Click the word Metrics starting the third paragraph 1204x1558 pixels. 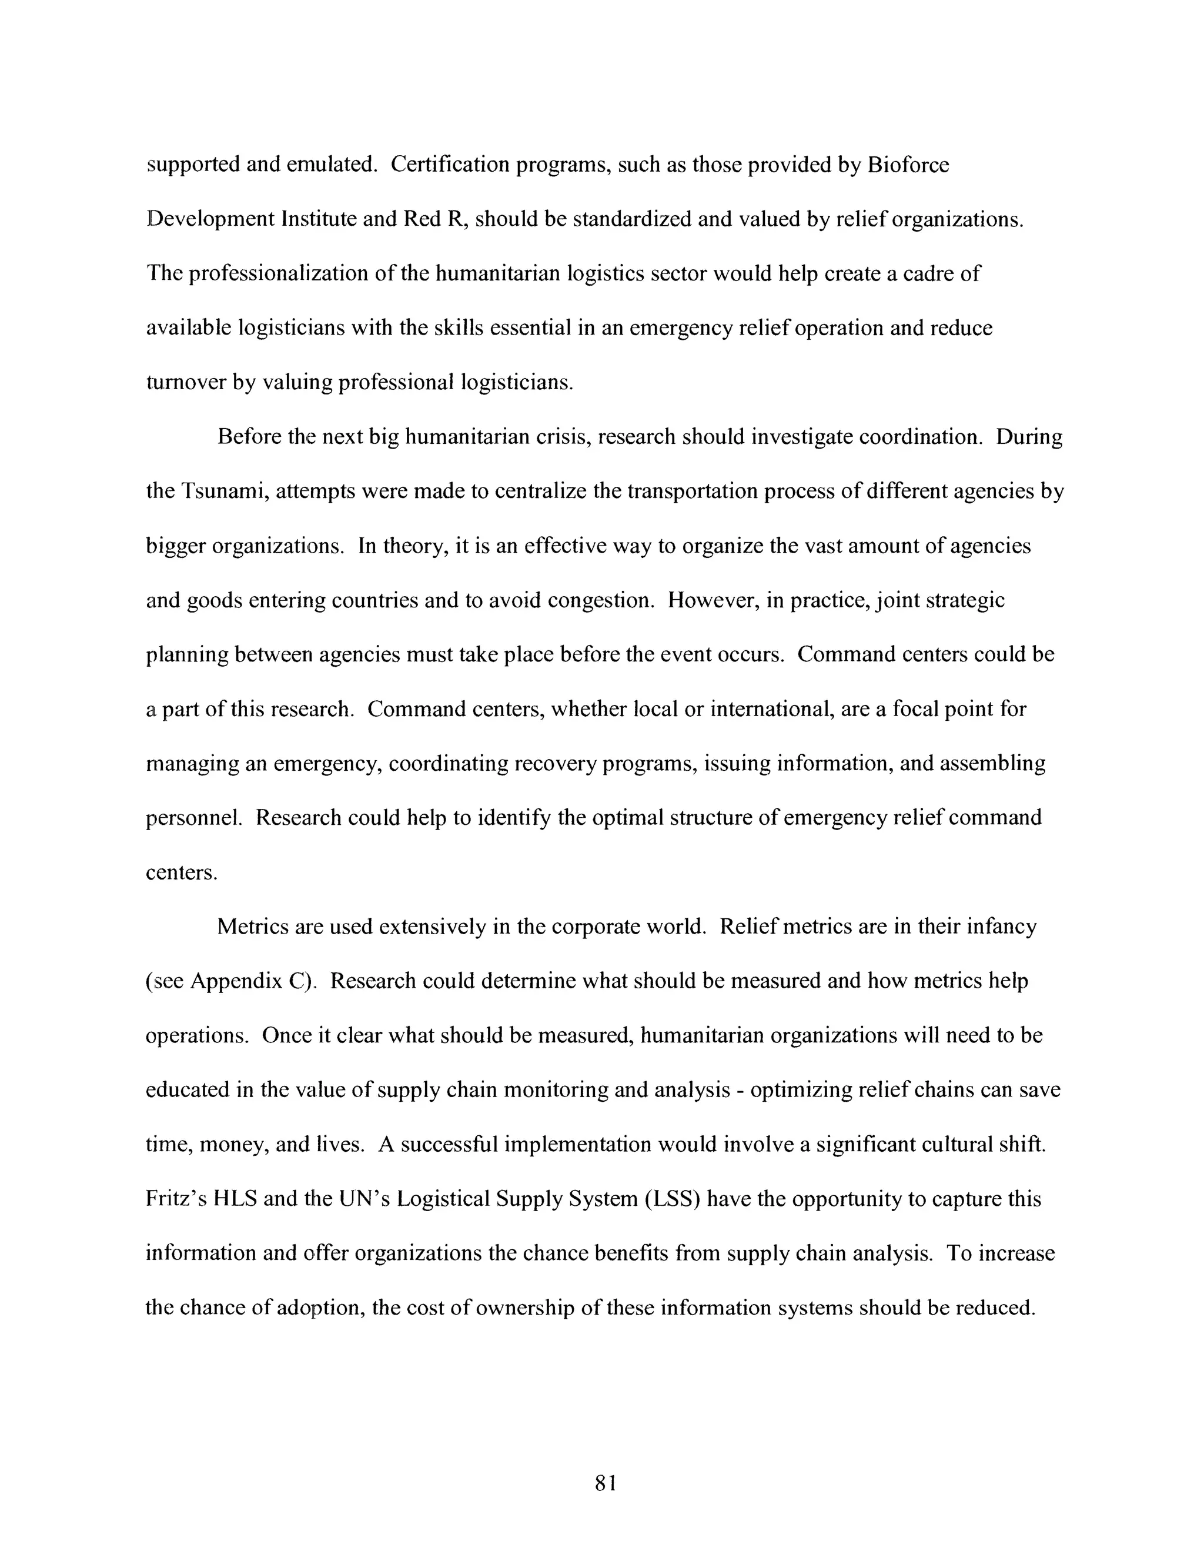(x=252, y=927)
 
